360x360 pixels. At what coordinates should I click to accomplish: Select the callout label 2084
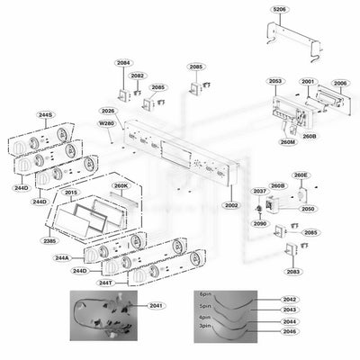pos(122,63)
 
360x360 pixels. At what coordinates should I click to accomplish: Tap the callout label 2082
pos(138,76)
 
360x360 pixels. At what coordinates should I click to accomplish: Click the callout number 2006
pos(340,83)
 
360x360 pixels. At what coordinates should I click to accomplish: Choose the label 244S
pos(45,115)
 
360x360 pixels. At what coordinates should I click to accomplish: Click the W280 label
pos(106,123)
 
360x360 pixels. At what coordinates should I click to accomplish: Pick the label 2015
pos(71,193)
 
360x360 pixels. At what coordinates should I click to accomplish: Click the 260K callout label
pos(121,186)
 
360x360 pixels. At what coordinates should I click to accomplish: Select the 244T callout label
pos(105,283)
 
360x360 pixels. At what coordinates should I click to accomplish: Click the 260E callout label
pos(300,174)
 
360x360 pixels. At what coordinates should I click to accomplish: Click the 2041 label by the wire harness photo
pos(157,307)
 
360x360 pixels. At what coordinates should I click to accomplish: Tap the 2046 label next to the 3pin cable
pos(289,332)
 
